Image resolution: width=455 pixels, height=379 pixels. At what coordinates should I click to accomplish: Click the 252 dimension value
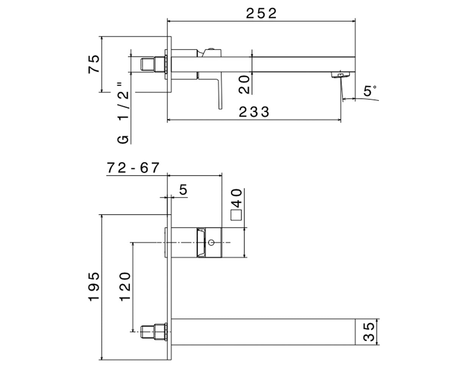[261, 13]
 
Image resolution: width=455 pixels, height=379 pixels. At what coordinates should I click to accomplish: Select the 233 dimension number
[254, 112]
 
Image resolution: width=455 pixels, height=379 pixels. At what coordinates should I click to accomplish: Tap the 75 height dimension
[94, 64]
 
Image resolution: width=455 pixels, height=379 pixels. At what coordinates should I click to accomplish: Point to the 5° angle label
[370, 91]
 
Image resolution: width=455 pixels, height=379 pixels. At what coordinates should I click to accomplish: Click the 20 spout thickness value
[244, 85]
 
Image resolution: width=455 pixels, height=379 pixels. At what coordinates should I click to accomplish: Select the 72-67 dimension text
[133, 168]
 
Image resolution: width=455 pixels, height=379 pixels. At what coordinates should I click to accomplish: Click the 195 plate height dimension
[94, 287]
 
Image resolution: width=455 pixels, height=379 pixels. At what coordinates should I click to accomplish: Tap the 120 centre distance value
[125, 287]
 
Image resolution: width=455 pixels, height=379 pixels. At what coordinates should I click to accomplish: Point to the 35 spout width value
[369, 332]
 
